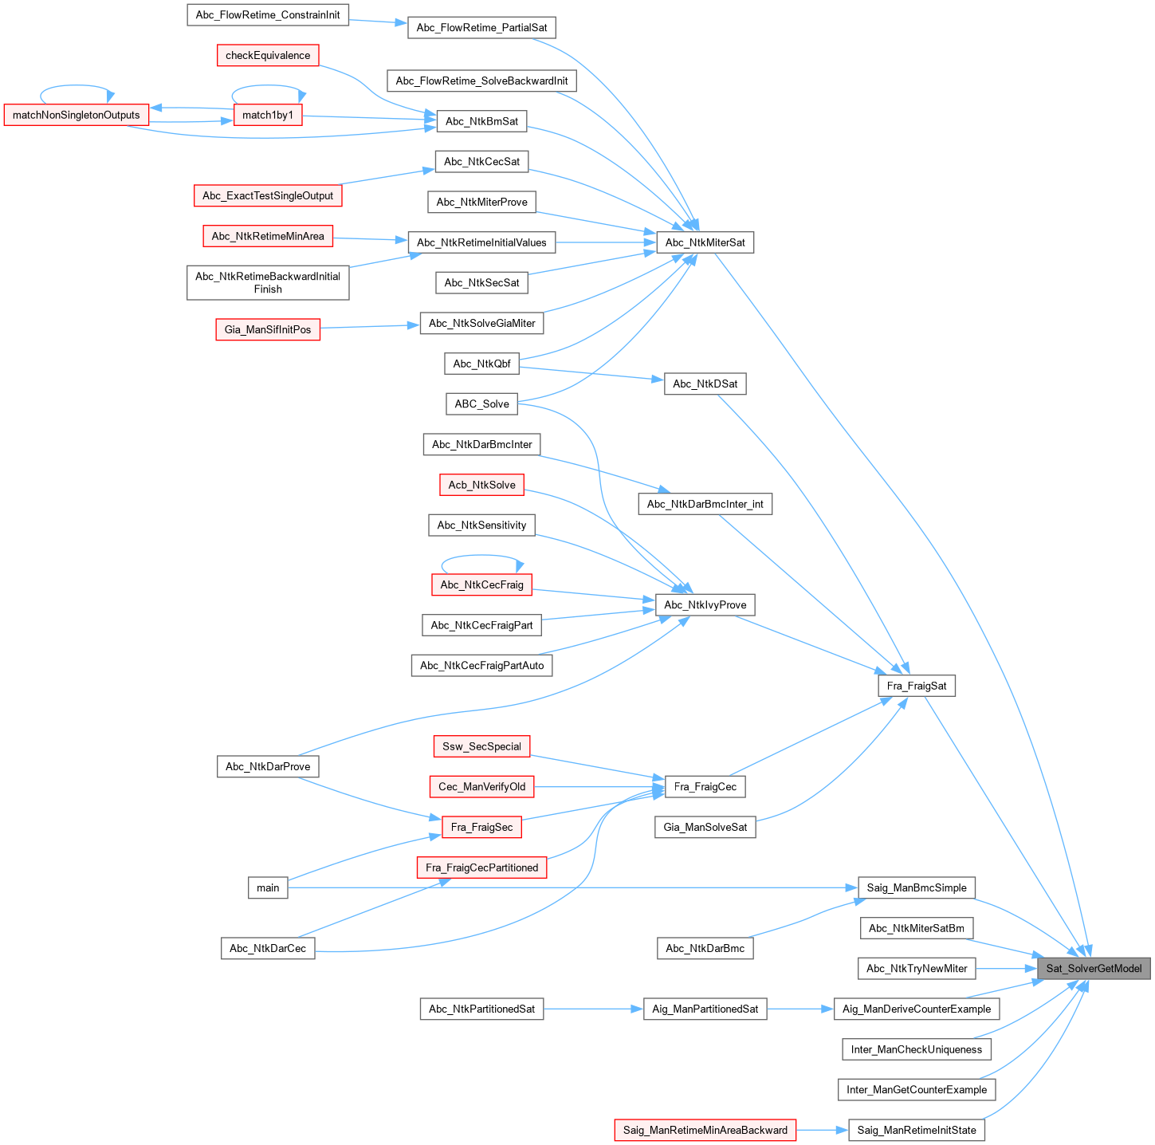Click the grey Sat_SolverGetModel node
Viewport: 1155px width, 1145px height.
pyautogui.click(x=1093, y=968)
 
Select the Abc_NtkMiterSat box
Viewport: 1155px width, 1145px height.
pyautogui.click(x=705, y=242)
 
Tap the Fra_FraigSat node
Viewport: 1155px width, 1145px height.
pyautogui.click(x=916, y=686)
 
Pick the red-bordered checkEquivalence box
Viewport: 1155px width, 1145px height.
pyautogui.click(x=268, y=55)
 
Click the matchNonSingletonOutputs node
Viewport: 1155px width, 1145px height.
pyautogui.click(x=77, y=115)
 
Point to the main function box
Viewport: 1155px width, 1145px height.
pyautogui.click(x=268, y=887)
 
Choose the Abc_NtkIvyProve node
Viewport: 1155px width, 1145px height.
pyautogui.click(x=705, y=604)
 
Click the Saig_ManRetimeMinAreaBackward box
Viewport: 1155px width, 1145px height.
pyautogui.click(x=705, y=1130)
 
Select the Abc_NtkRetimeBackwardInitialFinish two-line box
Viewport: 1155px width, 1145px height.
pyautogui.click(x=268, y=282)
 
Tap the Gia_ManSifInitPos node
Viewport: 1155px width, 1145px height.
pyautogui.click(x=268, y=329)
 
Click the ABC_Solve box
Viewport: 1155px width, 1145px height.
pyautogui.click(x=481, y=403)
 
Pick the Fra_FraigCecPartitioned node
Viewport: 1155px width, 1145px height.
pyautogui.click(x=481, y=868)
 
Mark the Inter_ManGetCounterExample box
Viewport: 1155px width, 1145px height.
pyautogui.click(x=916, y=1089)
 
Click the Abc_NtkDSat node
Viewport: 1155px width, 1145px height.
pyautogui.click(x=705, y=384)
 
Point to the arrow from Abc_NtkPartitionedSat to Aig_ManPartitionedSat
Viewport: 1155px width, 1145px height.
pyautogui.click(x=593, y=1009)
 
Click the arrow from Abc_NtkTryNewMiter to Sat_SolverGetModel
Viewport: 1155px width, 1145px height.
pyautogui.click(x=1006, y=968)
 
